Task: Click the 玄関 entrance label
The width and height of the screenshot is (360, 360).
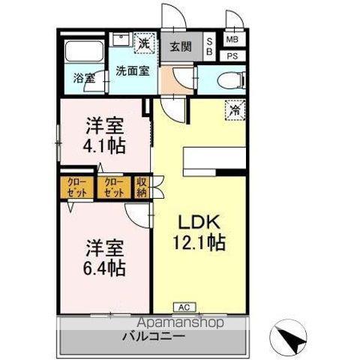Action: click(x=181, y=46)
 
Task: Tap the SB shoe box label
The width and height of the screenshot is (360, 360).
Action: click(x=209, y=46)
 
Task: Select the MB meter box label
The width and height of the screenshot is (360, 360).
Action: click(x=232, y=40)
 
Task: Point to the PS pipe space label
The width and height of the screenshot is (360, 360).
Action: click(x=232, y=56)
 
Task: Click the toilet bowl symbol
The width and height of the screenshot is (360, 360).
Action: click(x=232, y=80)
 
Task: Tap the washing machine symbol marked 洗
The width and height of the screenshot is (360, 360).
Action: click(x=145, y=43)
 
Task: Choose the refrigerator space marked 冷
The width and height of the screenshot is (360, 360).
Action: click(x=235, y=110)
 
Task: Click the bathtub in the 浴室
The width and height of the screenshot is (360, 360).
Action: click(x=84, y=51)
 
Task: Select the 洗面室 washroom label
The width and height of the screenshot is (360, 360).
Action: click(x=133, y=71)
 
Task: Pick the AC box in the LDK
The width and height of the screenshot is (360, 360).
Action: click(x=184, y=307)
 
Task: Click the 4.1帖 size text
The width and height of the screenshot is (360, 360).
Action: click(x=104, y=146)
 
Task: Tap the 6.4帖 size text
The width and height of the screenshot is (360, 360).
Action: click(x=104, y=268)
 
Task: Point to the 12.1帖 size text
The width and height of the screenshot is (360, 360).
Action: click(x=199, y=242)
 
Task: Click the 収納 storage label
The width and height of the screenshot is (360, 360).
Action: click(x=142, y=187)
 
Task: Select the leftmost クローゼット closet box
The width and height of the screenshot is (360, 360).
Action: click(x=77, y=187)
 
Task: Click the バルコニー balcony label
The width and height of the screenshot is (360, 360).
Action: click(x=154, y=337)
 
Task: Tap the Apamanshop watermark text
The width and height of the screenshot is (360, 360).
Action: click(x=181, y=322)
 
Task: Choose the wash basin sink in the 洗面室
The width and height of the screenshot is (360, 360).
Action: click(x=121, y=40)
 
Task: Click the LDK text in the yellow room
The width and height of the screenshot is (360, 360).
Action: click(x=199, y=222)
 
